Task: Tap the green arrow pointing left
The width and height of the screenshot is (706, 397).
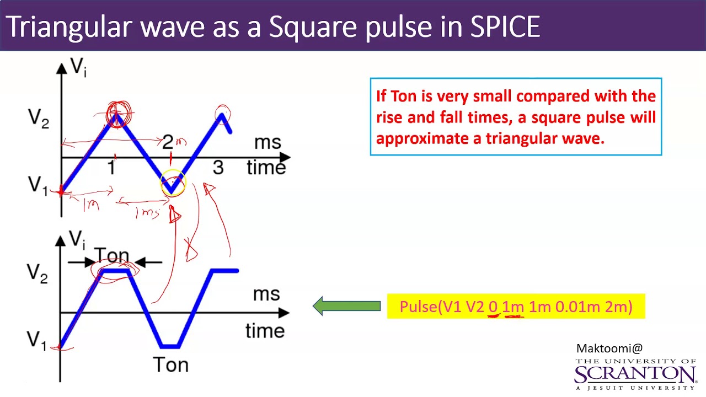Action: coord(346,306)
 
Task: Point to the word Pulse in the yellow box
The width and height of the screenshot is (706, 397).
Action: coord(418,307)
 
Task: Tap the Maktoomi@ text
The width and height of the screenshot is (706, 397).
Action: coord(609,348)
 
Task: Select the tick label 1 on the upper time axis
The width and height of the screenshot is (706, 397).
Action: coord(112,168)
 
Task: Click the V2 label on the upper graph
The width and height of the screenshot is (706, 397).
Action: coord(38,119)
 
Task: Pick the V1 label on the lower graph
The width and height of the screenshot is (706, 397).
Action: coord(38,340)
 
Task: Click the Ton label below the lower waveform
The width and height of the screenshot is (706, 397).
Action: coord(170,365)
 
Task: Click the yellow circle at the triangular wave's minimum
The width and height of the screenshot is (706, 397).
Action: coord(173,184)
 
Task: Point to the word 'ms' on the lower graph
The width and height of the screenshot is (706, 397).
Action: coord(266,294)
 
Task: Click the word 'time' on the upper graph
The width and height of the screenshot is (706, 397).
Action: coord(266,167)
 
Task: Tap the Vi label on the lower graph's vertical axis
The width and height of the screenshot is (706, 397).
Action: coord(77,239)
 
